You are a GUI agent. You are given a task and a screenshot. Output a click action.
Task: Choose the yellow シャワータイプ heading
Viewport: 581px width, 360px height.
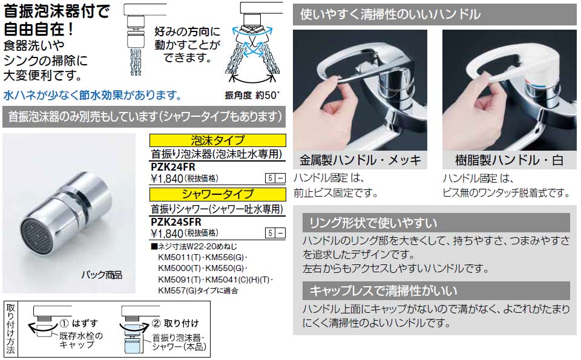(217, 194)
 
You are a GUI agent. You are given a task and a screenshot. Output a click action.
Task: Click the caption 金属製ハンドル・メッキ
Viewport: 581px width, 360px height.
(359, 160)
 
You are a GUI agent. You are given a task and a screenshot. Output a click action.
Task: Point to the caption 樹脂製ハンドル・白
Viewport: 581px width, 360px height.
(509, 160)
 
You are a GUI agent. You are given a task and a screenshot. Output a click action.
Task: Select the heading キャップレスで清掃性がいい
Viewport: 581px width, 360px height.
(384, 290)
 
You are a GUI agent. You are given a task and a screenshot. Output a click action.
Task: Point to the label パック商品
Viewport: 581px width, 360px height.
(102, 275)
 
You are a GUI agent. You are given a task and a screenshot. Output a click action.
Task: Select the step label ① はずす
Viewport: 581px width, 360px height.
(78, 323)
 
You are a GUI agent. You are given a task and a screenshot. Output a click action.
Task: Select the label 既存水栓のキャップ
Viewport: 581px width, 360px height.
(81, 339)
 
